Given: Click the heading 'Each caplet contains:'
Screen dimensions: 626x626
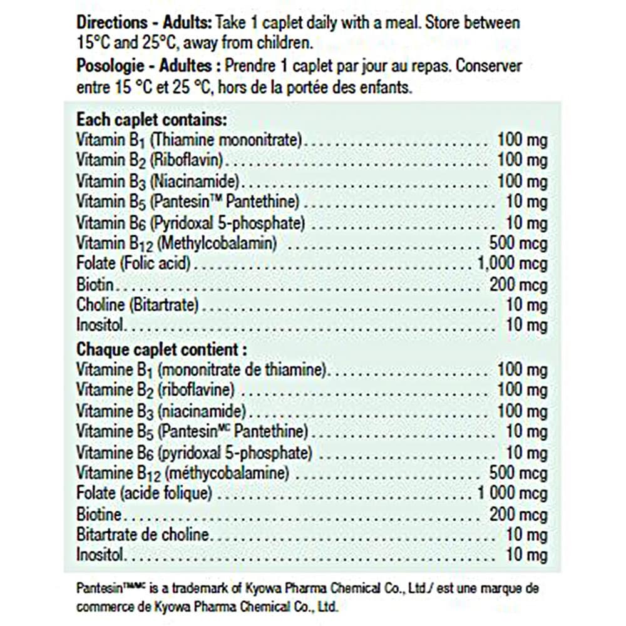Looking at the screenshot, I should (x=151, y=119).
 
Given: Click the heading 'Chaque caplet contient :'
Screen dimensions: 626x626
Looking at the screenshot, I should (x=162, y=349).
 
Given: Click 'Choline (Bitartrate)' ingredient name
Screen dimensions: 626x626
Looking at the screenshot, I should (x=138, y=305).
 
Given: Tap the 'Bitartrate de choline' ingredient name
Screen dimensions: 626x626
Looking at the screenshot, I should (x=143, y=535).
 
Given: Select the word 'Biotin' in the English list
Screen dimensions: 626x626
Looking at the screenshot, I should (x=95, y=284).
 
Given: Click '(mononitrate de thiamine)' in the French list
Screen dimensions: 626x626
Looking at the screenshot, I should (x=242, y=369).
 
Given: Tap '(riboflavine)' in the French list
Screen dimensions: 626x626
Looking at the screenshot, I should (x=197, y=390).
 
